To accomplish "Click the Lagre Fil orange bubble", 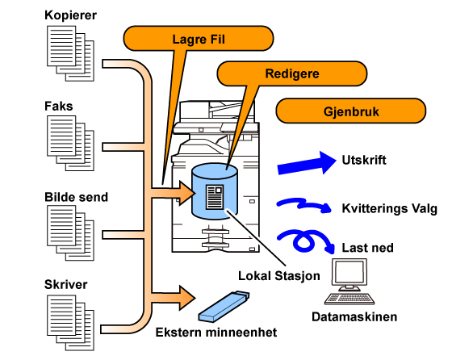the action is click(199, 39).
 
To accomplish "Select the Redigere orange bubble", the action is click(291, 73).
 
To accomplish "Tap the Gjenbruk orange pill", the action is click(351, 111).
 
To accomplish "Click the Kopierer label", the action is click(71, 15).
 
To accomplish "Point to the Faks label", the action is click(58, 106).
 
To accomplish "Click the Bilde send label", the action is click(77, 197).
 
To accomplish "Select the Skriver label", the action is click(65, 284).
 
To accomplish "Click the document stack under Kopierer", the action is click(71, 53).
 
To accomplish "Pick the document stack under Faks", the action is click(71, 143).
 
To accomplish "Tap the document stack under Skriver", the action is click(71, 323).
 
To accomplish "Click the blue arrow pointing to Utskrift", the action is click(307, 163).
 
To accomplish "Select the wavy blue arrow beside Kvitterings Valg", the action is click(304, 204).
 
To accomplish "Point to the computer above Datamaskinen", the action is click(349, 281).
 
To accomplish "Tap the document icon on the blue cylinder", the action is click(215, 197).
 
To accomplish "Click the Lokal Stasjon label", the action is click(279, 276).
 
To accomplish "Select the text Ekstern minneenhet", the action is click(216, 333).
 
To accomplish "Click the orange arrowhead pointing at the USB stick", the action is click(187, 298).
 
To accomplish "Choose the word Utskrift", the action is click(364, 160).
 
